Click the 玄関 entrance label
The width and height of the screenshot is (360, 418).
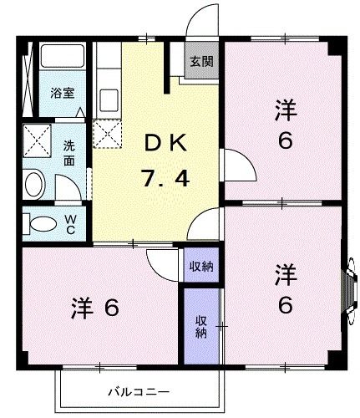click(x=199, y=61)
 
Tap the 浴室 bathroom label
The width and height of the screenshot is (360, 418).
click(x=58, y=93)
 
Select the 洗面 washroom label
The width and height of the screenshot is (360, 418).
click(x=71, y=150)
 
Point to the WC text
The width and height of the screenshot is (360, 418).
click(x=70, y=223)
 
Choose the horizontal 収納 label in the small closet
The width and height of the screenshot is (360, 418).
click(x=200, y=267)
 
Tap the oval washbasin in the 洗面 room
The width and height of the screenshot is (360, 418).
click(x=36, y=184)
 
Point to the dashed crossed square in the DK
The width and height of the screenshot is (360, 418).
click(x=108, y=133)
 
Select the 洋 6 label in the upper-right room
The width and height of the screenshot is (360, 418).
click(x=285, y=123)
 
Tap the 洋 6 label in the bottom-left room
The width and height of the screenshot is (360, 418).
click(x=94, y=307)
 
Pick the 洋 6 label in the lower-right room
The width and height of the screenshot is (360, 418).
click(x=285, y=289)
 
